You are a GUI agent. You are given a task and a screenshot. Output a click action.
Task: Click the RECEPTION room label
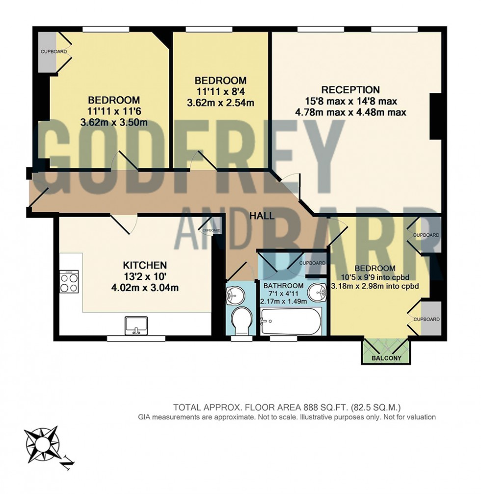tap(350, 90)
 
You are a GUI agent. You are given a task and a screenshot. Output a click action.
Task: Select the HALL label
tap(262, 216)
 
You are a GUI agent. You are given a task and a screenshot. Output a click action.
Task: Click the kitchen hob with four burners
tap(69, 282)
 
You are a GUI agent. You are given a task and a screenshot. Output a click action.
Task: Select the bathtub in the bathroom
tap(290, 322)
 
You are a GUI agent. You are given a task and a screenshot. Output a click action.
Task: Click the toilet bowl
tap(241, 320)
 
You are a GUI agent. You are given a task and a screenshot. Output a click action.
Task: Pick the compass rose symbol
tap(42, 440)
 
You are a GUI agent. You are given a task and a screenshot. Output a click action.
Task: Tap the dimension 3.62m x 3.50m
tap(118, 122)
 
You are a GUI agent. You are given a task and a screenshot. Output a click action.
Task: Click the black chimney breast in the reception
tap(435, 116)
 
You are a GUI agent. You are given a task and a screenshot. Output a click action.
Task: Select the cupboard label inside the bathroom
tap(312, 263)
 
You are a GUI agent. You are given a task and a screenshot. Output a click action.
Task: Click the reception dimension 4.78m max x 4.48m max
tap(350, 112)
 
